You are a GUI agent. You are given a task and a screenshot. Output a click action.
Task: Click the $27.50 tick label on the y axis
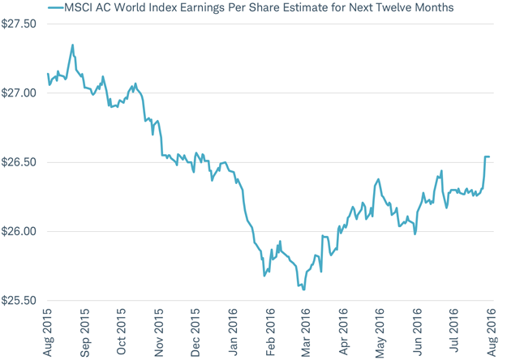point(19,24)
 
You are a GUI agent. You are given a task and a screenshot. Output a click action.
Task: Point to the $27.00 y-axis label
point(19,93)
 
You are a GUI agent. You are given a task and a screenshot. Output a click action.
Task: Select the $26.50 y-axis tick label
point(19,162)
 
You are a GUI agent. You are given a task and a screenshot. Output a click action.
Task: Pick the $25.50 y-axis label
point(19,301)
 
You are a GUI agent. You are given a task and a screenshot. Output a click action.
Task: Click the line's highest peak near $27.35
point(73,45)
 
